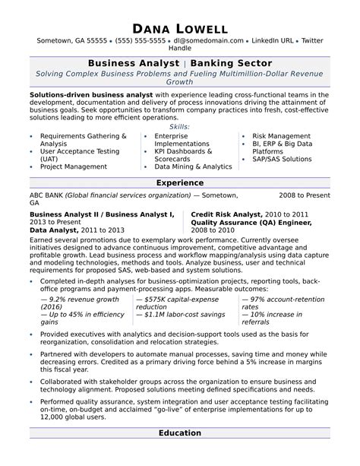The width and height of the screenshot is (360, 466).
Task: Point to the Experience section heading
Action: tap(179, 182)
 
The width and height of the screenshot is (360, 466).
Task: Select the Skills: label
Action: tap(179, 127)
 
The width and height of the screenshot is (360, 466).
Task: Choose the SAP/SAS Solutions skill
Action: tap(282, 159)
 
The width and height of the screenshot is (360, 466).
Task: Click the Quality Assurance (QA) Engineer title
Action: tap(250, 223)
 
